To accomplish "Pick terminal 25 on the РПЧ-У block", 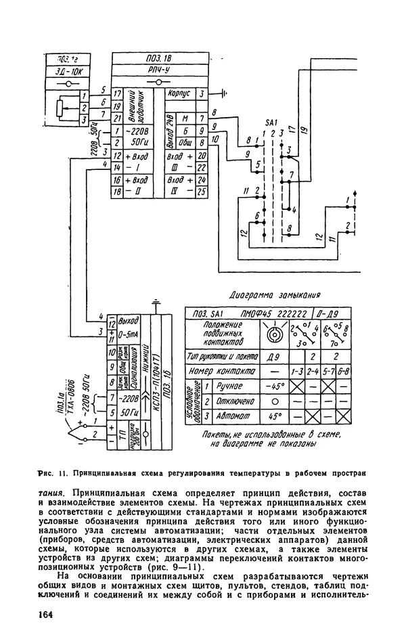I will pyautogui.click(x=201, y=192).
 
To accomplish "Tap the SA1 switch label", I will pyautogui.click(x=271, y=123).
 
